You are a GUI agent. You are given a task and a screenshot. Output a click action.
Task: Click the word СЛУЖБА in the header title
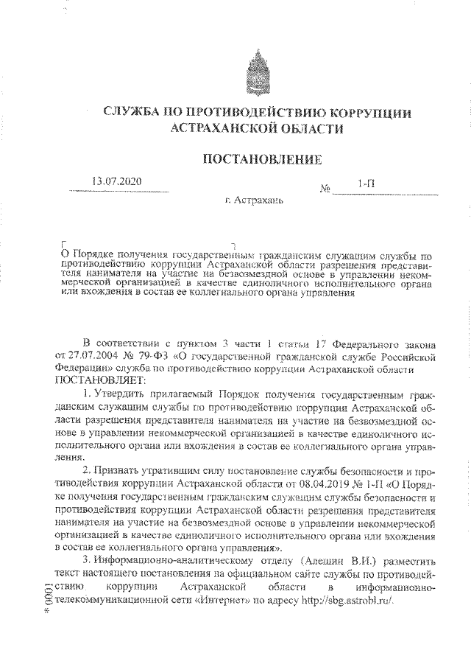[135, 114]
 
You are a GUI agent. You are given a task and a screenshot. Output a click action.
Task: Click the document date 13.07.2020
[117, 182]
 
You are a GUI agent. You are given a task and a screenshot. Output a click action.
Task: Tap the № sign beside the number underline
[325, 188]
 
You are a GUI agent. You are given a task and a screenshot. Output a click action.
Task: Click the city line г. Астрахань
[255, 200]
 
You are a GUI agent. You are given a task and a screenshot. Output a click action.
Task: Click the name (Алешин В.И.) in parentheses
[332, 560]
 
